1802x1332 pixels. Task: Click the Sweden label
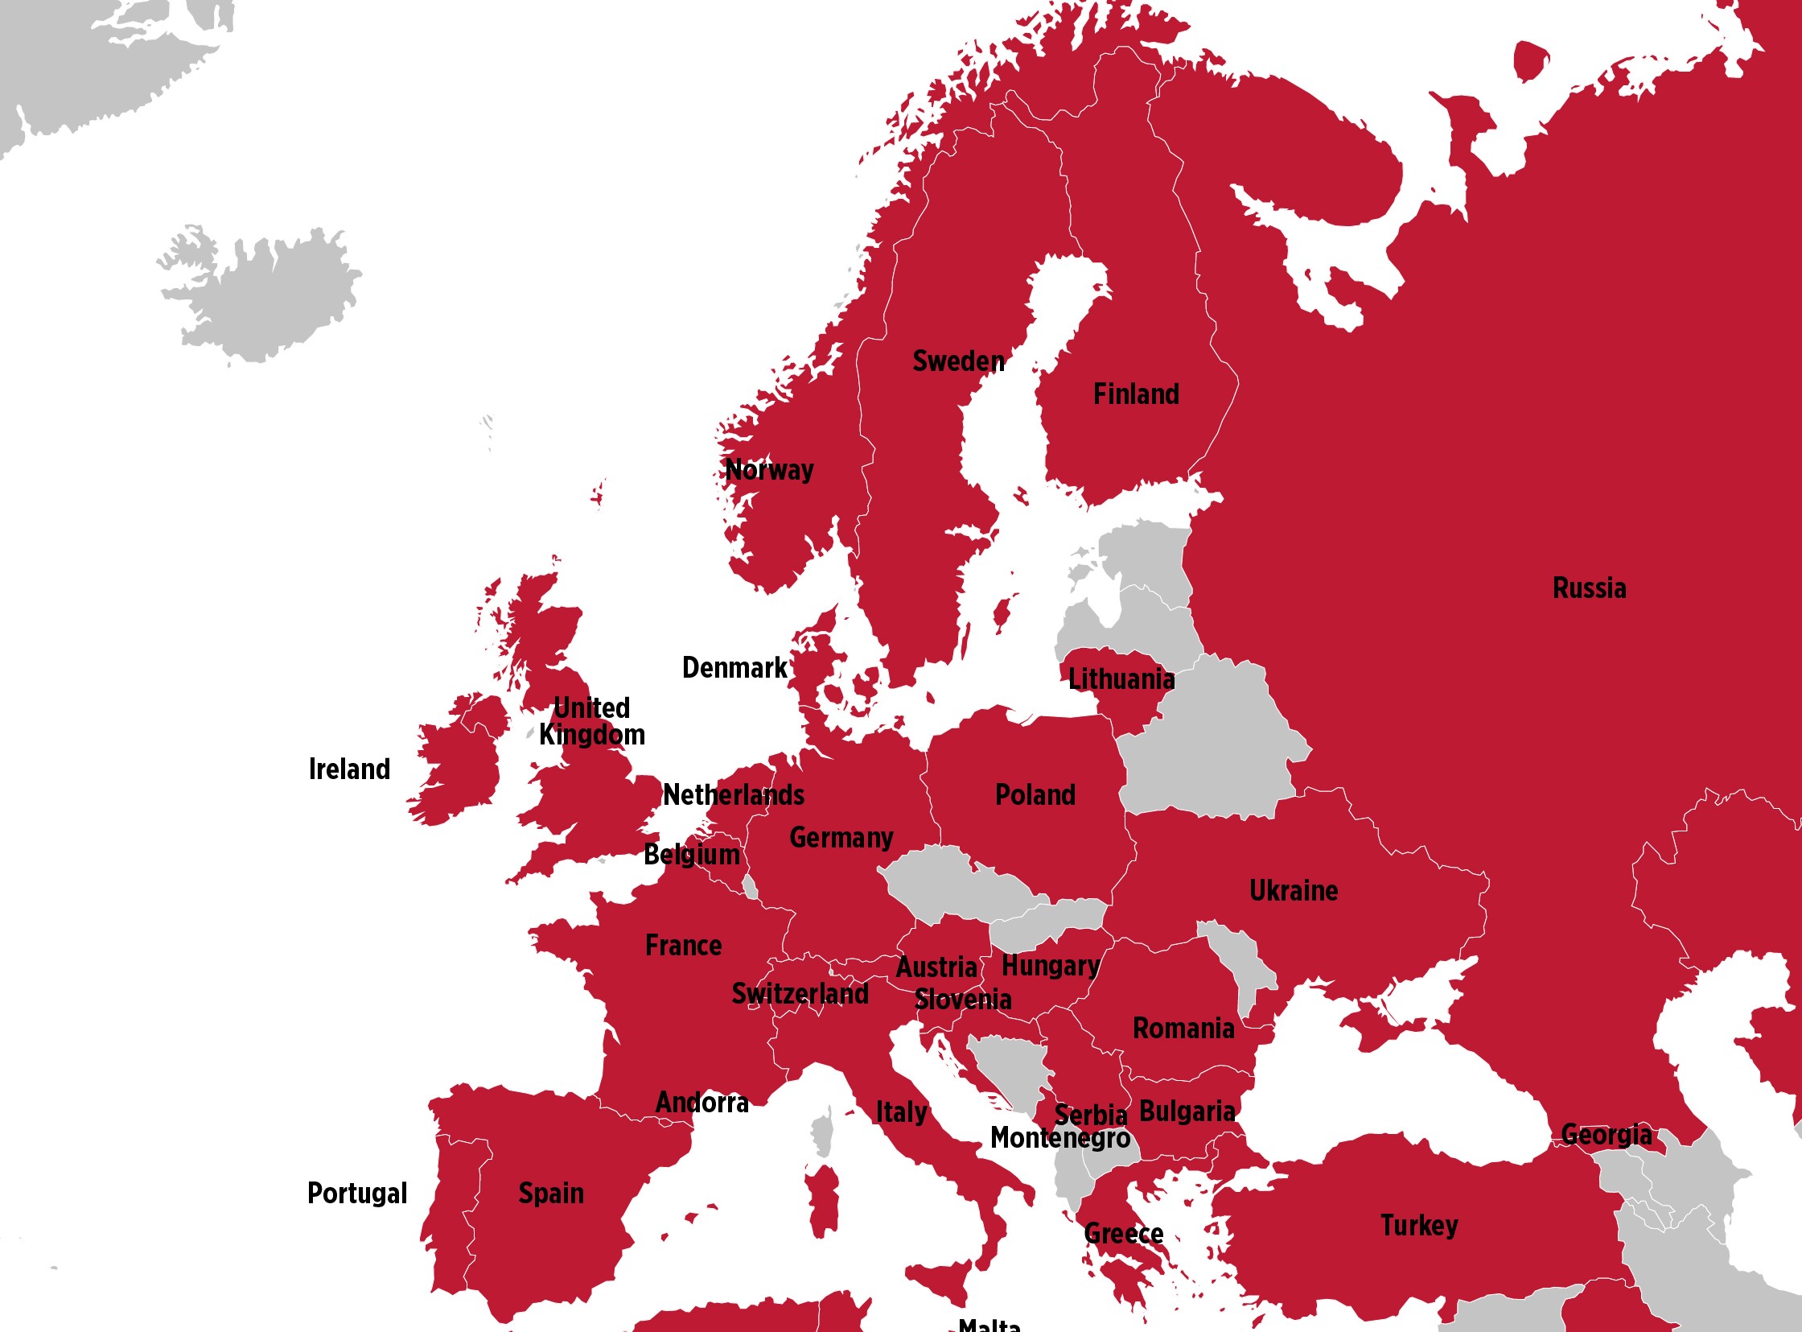click(x=958, y=361)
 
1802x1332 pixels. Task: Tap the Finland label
click(x=1136, y=394)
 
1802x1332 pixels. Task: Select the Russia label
click(x=1589, y=588)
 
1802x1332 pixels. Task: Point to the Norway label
click(x=769, y=469)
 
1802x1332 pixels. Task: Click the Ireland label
click(x=349, y=769)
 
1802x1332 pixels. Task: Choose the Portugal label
click(x=357, y=1194)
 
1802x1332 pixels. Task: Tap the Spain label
click(x=550, y=1194)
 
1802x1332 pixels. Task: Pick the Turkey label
click(x=1418, y=1226)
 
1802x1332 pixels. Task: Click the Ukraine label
click(x=1293, y=891)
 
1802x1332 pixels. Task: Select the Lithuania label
click(x=1120, y=680)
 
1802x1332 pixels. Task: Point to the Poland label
click(x=1035, y=795)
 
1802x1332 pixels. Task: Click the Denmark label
click(x=734, y=668)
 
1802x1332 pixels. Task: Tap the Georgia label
click(x=1606, y=1135)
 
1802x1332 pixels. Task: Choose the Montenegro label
click(x=1059, y=1138)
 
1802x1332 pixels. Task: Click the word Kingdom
click(x=591, y=736)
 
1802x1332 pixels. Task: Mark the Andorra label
click(x=702, y=1102)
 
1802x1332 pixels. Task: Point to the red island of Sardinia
click(x=823, y=1202)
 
